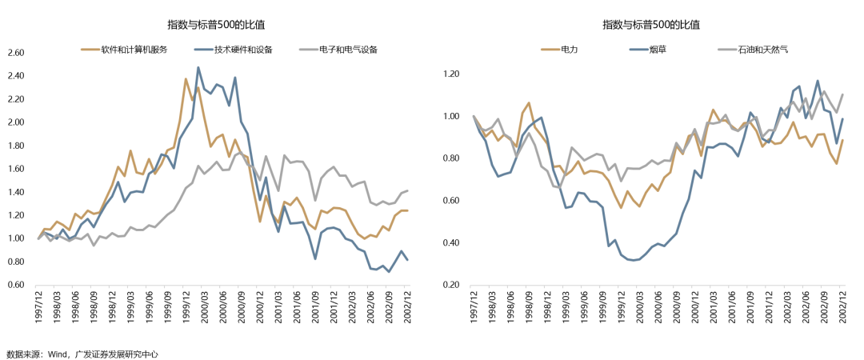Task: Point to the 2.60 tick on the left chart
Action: tap(15, 54)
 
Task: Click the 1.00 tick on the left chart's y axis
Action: tap(15, 238)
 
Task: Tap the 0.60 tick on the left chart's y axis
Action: tap(15, 285)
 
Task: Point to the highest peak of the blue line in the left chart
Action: tap(198, 68)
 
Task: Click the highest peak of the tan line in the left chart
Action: tap(186, 79)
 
